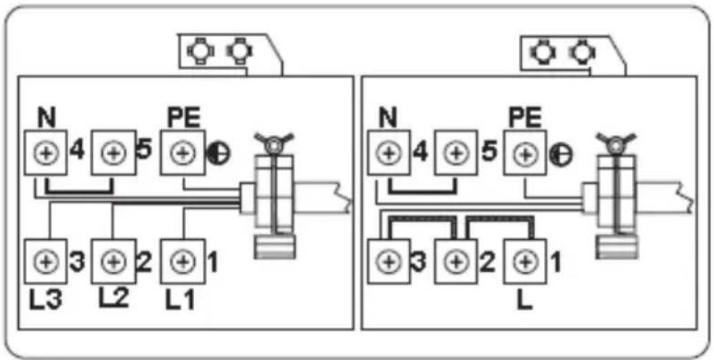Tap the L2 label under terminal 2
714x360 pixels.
[x=114, y=298]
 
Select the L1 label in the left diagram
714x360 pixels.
[x=180, y=302]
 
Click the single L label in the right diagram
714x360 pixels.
[x=525, y=301]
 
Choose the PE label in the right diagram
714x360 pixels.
[x=525, y=118]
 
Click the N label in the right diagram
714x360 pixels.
[x=388, y=118]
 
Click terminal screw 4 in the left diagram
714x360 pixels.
[x=45, y=152]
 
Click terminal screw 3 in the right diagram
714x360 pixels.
[x=388, y=262]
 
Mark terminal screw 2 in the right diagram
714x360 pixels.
[x=456, y=262]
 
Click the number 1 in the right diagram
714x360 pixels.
[x=556, y=263]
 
